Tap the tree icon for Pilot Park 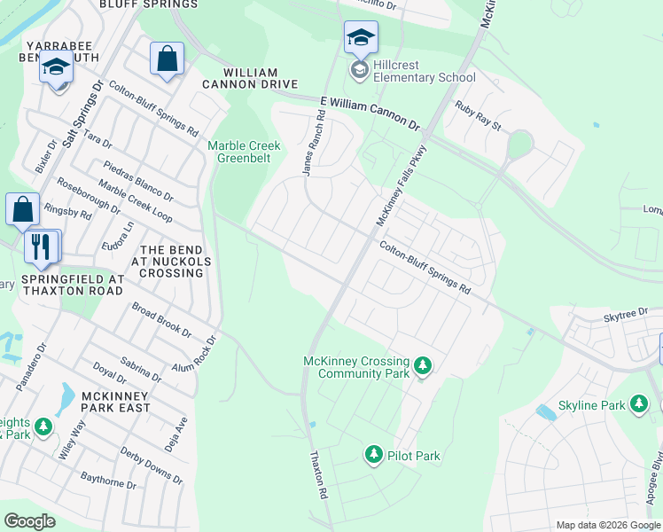(373, 456)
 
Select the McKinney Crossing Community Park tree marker (423, 365)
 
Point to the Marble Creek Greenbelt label (244, 152)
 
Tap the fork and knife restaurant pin (40, 246)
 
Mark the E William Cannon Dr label (369, 114)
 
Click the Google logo (30, 520)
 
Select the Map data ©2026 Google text (608, 525)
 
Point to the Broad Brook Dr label (161, 321)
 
